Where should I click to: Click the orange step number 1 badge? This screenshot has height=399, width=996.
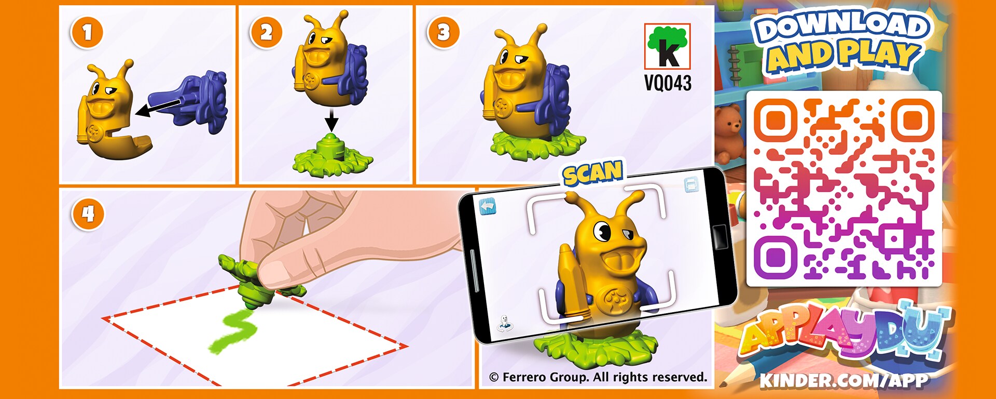coord(87,33)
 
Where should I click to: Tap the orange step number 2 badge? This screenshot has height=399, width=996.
coord(266,33)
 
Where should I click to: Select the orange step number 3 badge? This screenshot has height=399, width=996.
coord(443,33)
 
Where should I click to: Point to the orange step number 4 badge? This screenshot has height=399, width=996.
coord(88,214)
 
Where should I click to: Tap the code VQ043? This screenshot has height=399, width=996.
coord(668,83)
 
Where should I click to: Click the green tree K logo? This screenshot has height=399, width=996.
coord(668,46)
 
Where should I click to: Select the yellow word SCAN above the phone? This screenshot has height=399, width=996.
coord(593,173)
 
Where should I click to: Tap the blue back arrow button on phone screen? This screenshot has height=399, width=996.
coord(487,207)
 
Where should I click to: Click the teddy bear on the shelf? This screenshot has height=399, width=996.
coord(730,132)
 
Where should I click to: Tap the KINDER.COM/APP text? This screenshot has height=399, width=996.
coord(844,380)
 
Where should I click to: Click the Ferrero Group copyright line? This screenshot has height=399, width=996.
coord(598,377)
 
